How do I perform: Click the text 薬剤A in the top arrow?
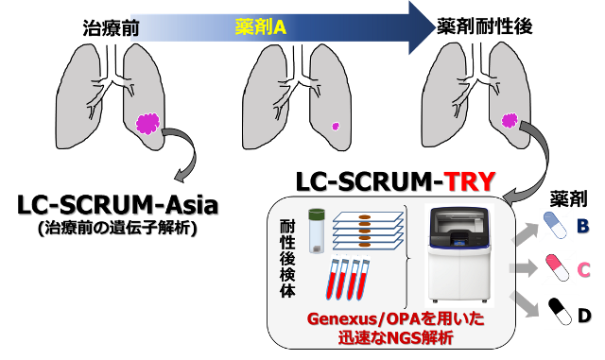[261, 27]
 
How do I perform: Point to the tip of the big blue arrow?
[434, 27]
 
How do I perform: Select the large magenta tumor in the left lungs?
[147, 123]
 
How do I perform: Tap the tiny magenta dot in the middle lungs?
[335, 126]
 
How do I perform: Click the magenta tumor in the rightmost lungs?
[510, 120]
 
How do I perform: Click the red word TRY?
[470, 181]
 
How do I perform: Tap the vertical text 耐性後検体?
[287, 258]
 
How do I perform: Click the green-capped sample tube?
[317, 231]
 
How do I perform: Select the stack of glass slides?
[367, 230]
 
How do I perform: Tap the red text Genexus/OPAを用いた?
[395, 318]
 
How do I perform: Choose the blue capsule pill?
[557, 226]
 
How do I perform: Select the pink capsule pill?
[558, 268]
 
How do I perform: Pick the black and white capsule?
[561, 311]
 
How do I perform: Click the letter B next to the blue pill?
[582, 227]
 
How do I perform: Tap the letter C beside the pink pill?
[583, 270]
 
